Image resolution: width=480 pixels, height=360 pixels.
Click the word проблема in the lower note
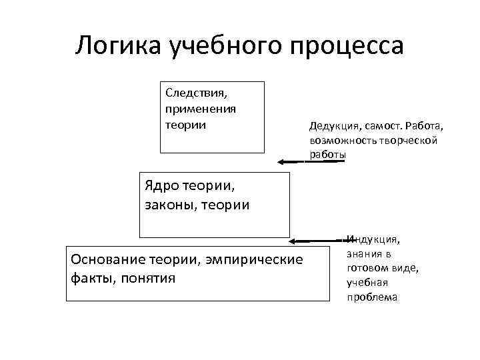point(372,297)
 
